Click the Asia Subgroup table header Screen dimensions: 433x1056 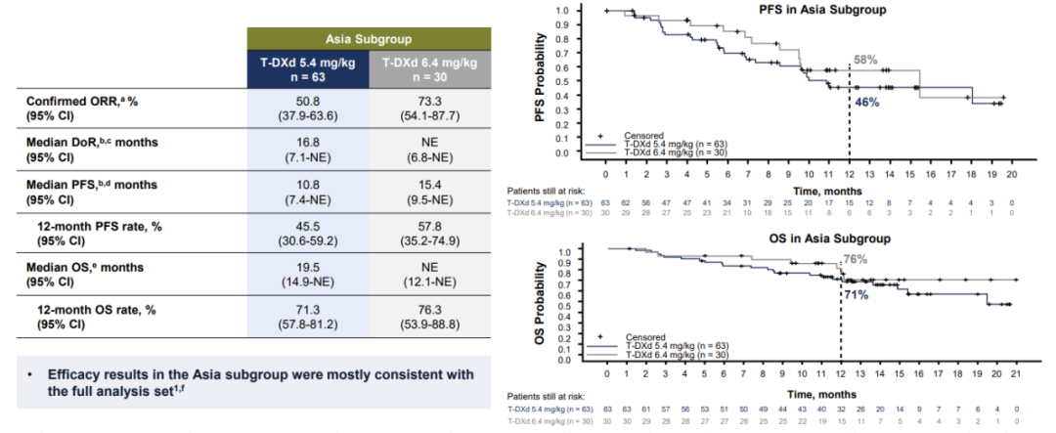(x=369, y=42)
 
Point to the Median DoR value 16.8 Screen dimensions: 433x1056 (x=308, y=142)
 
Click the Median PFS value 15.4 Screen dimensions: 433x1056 (x=430, y=185)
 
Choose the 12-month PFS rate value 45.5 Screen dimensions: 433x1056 (x=308, y=228)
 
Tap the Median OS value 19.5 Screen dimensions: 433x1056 (x=308, y=271)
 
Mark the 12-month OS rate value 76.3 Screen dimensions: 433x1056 (x=430, y=314)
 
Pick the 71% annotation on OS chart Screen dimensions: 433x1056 (x=857, y=292)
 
